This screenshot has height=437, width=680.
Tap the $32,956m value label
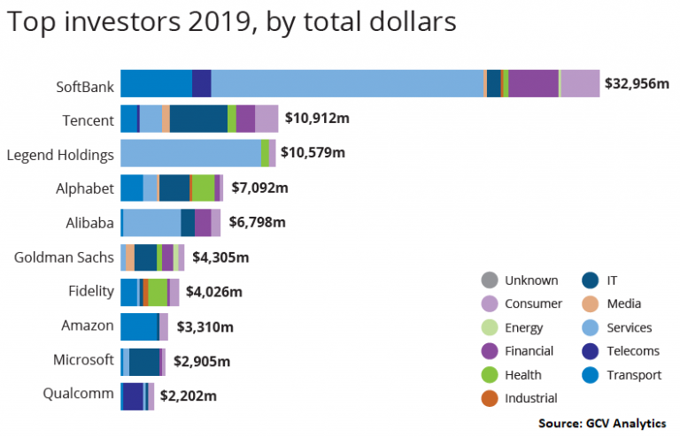click(x=637, y=84)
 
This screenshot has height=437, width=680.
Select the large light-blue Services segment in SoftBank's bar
click(x=346, y=83)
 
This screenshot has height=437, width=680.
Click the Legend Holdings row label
click(x=60, y=155)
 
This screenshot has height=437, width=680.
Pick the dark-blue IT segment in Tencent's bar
click(x=198, y=119)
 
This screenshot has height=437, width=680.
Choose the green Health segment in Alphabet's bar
click(x=203, y=188)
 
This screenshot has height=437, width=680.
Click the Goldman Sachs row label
click(x=64, y=257)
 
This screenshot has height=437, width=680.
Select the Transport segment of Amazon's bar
click(x=139, y=326)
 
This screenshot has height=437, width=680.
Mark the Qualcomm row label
click(x=78, y=394)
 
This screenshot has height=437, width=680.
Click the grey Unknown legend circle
click(x=489, y=280)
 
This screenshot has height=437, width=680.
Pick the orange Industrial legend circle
click(x=489, y=398)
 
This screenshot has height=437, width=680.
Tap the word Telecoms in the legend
click(x=632, y=351)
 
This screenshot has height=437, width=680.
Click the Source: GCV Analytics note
click(x=602, y=423)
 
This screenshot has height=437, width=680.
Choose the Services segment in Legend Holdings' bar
click(x=190, y=153)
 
